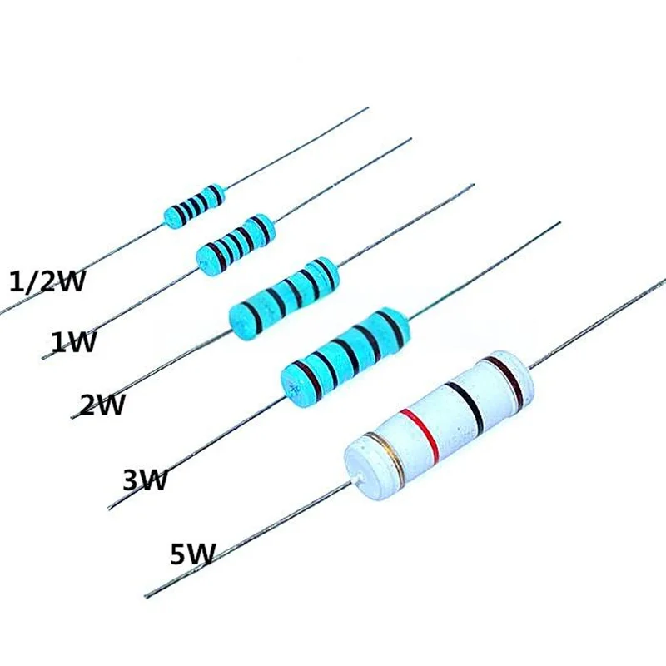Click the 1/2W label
[x=46, y=282]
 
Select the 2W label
[x=102, y=405]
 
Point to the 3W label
[x=146, y=480]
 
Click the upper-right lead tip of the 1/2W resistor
[x=367, y=107]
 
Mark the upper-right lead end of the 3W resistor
[x=559, y=222]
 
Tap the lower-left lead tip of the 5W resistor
[x=147, y=596]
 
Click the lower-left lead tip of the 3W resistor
[x=110, y=508]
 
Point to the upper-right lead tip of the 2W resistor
[x=473, y=185]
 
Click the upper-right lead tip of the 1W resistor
[x=410, y=140]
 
